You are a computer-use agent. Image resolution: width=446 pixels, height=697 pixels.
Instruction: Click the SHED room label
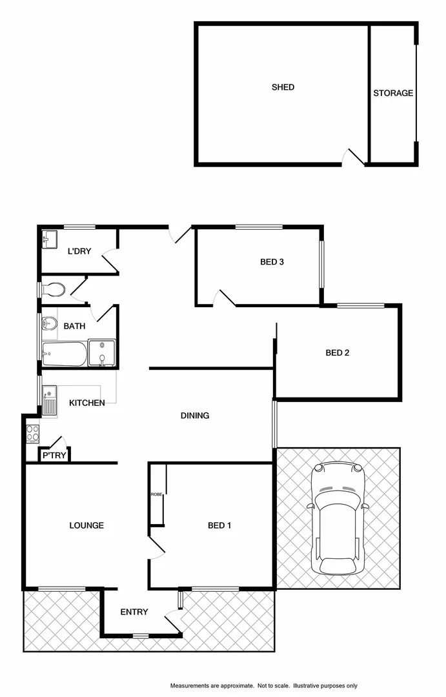283,87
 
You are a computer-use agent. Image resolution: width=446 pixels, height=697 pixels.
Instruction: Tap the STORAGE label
393,93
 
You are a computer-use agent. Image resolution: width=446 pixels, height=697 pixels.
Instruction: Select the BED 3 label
272,262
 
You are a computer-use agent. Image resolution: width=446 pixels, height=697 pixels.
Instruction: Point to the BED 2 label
337,353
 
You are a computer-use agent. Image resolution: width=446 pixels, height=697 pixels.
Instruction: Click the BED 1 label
219,525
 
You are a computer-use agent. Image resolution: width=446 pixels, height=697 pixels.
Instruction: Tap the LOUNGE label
86,525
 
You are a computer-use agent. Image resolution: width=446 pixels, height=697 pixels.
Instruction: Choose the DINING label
194,416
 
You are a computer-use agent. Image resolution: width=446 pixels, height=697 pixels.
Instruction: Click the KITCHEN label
87,403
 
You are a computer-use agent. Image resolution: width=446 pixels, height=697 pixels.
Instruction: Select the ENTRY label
134,612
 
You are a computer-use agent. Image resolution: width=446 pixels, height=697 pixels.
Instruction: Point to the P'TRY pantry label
52,456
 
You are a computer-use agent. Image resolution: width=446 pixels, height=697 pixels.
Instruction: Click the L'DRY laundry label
79,251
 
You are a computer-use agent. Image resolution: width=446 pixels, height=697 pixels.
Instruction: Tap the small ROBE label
156,494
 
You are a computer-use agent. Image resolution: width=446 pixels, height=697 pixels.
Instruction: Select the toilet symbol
52,290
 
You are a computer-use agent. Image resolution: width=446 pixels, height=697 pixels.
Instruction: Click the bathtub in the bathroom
64,352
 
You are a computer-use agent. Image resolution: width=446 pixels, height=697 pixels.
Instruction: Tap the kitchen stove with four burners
32,434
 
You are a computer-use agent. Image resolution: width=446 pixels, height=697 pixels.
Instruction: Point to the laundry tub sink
50,239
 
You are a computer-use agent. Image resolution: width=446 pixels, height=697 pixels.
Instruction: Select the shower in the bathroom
101,352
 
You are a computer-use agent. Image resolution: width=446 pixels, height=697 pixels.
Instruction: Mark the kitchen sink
49,399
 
